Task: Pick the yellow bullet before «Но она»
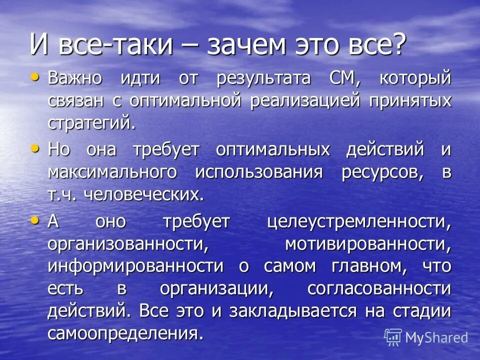pyautogui.click(x=34, y=148)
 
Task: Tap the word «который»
pyautogui.click(x=415, y=78)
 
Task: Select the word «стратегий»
pyautogui.click(x=91, y=122)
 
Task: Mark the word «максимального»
pyautogui.click(x=112, y=171)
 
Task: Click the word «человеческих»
pyautogui.click(x=144, y=193)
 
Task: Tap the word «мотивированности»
pyautogui.click(x=368, y=243)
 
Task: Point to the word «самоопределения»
pyautogui.click(x=126, y=332)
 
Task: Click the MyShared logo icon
pyautogui.click(x=392, y=337)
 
